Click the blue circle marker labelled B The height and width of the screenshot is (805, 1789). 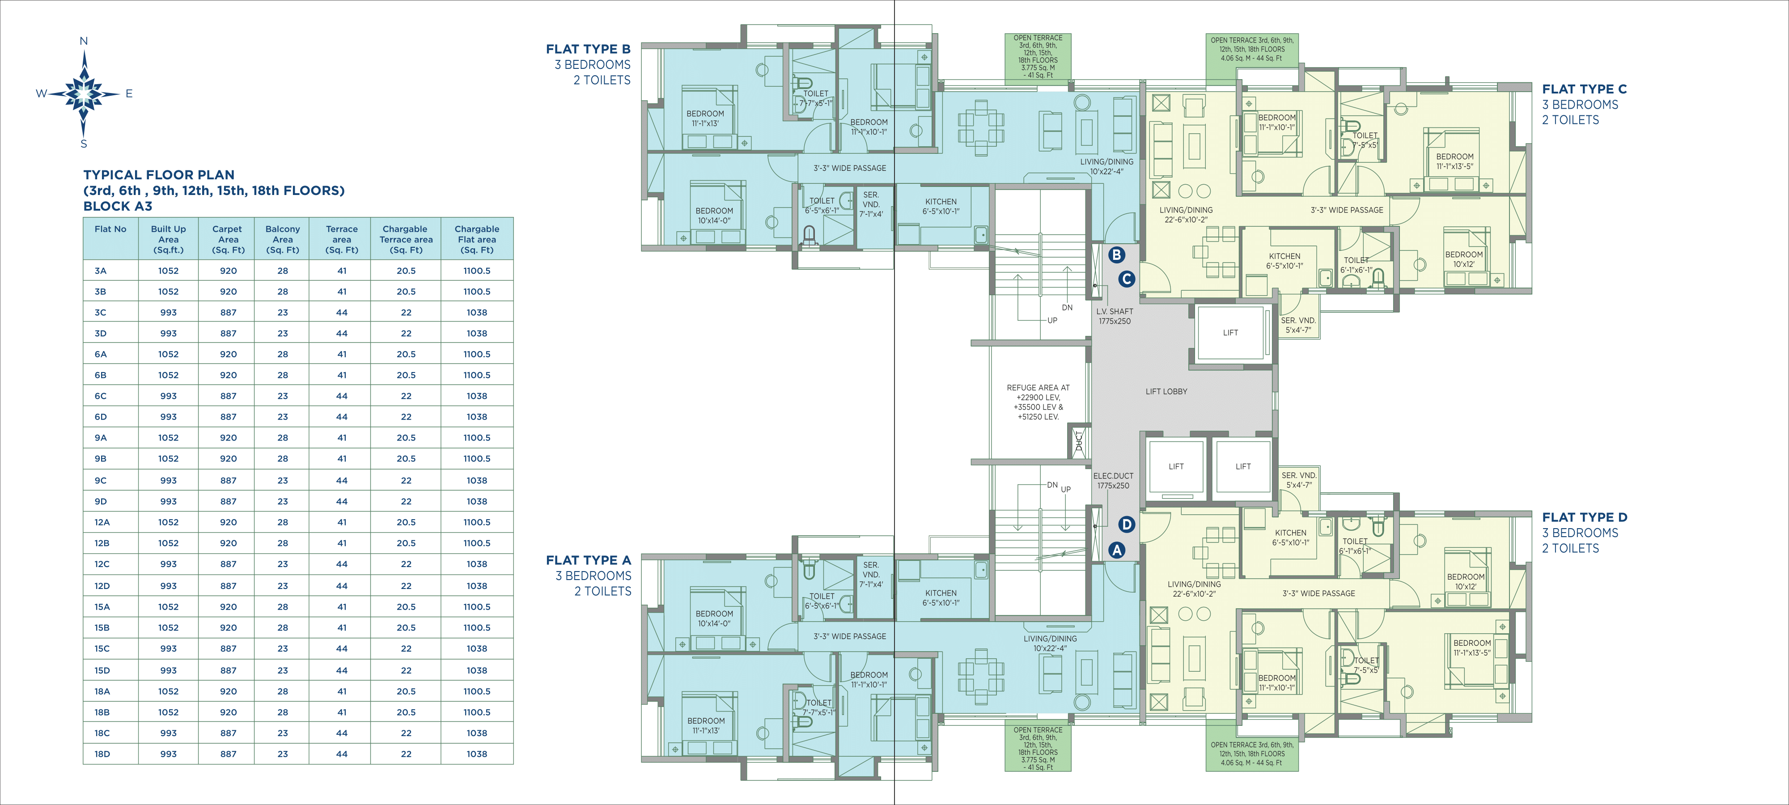pyautogui.click(x=1116, y=255)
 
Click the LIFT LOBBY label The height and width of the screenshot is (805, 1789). pyautogui.click(x=1166, y=392)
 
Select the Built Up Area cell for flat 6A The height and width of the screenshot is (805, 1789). pyautogui.click(x=168, y=354)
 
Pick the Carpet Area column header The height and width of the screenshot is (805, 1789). pyautogui.click(x=228, y=239)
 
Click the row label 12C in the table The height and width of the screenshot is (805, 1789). pyautogui.click(x=102, y=564)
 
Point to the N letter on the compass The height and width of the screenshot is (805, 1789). pyautogui.click(x=84, y=41)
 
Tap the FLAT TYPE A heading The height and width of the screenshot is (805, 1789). pyautogui.click(x=588, y=560)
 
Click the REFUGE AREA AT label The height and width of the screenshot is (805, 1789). pyautogui.click(x=1038, y=388)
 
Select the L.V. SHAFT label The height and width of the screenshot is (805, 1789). pyautogui.click(x=1115, y=311)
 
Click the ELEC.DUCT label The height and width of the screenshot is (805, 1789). pyautogui.click(x=1113, y=476)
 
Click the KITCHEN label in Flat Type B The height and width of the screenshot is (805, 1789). pyautogui.click(x=941, y=201)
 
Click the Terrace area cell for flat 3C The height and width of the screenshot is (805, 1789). pyautogui.click(x=342, y=313)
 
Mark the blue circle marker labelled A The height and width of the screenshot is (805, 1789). pyautogui.click(x=1116, y=550)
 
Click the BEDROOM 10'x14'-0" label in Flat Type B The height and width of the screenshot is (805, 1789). pyautogui.click(x=714, y=215)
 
